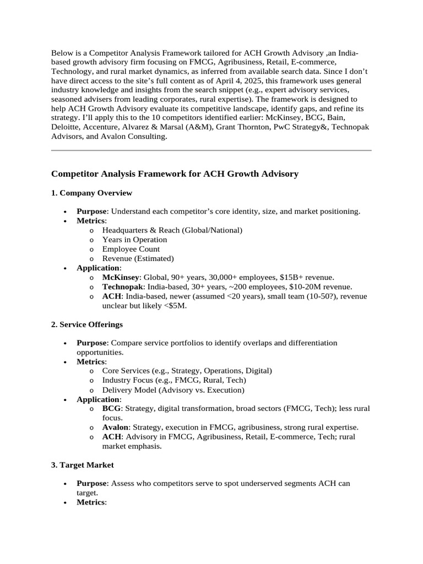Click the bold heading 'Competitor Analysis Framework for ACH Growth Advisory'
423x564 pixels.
click(x=175, y=174)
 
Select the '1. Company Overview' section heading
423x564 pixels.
click(x=91, y=193)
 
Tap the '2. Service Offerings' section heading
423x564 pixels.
click(x=87, y=324)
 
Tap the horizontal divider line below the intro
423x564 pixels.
click(x=211, y=150)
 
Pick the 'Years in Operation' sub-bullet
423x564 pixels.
click(x=134, y=240)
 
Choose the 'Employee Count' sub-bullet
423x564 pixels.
click(x=131, y=250)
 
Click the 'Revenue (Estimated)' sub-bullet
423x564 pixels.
click(x=138, y=259)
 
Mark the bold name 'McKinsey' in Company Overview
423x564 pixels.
click(x=121, y=278)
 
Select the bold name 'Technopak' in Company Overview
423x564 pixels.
click(x=122, y=287)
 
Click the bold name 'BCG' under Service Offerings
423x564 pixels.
click(x=111, y=409)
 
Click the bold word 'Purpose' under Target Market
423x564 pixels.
click(x=91, y=484)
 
